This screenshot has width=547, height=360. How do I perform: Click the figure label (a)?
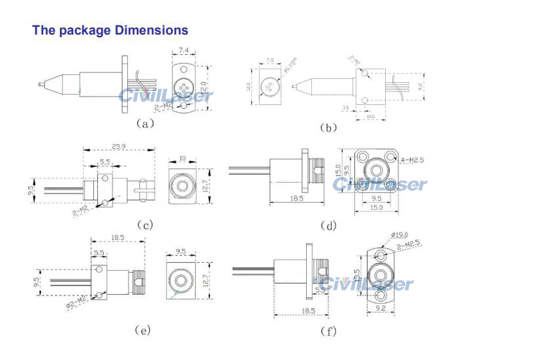pyautogui.click(x=144, y=122)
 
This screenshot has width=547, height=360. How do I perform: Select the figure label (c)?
pyautogui.click(x=144, y=225)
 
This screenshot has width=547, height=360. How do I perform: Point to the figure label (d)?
pyautogui.click(x=328, y=226)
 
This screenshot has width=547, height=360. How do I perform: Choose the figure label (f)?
pyautogui.click(x=328, y=331)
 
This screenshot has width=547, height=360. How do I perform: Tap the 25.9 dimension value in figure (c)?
pyautogui.click(x=119, y=146)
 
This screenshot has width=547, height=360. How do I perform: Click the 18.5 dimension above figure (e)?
pyautogui.click(x=118, y=239)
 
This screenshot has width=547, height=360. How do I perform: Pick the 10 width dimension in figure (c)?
pyautogui.click(x=182, y=158)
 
